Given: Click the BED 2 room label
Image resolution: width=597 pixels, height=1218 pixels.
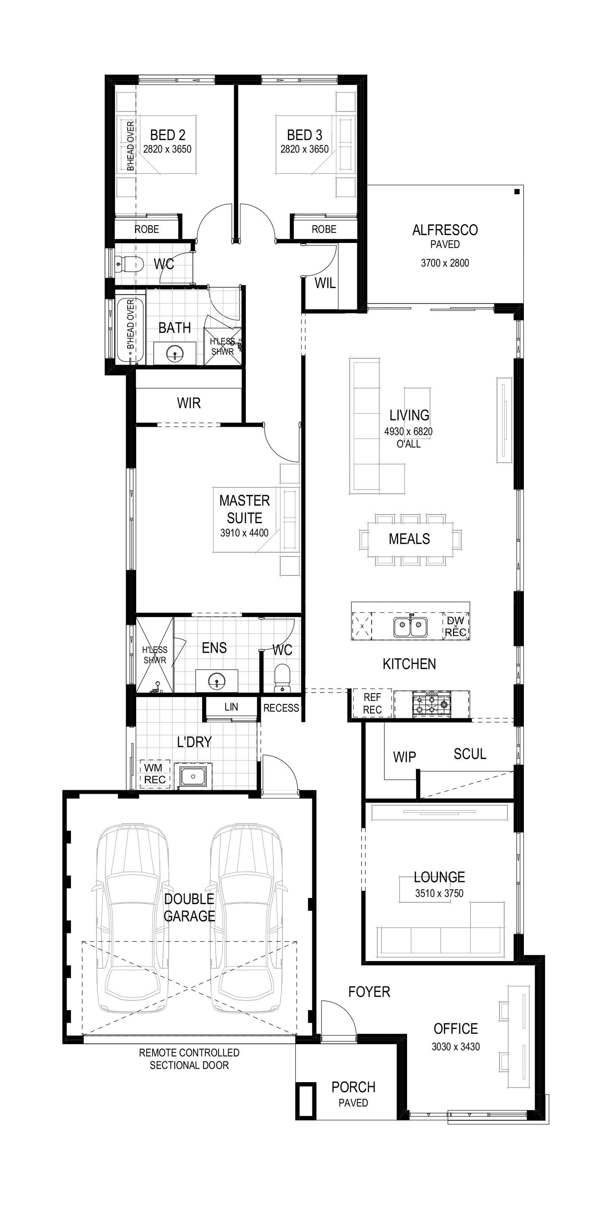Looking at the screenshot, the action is tap(167, 135).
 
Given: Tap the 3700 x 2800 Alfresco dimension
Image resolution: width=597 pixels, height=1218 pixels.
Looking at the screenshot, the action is tap(445, 263).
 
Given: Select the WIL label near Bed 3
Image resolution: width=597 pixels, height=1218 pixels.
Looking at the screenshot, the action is tap(325, 283).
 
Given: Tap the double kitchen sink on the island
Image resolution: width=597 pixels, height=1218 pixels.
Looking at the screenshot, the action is tap(410, 627).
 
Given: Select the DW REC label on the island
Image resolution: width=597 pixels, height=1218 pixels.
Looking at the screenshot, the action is tap(456, 626).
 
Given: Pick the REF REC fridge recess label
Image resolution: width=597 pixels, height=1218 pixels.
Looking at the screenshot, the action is tap(372, 703).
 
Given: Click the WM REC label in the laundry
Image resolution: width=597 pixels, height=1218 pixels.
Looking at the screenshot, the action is tap(154, 774).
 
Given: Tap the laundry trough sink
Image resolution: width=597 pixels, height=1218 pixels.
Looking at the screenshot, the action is tap(193, 776).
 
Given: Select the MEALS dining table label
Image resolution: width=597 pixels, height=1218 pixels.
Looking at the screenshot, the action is tap(409, 538).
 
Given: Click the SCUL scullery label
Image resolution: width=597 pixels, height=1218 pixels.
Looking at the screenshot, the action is tap(470, 754).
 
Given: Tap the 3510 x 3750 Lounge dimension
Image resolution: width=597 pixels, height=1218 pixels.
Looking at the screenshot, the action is tap(439, 893).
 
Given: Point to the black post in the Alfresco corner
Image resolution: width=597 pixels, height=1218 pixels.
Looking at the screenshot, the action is tap(517, 191).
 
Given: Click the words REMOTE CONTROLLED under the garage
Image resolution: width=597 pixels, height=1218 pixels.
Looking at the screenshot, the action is tap(189, 1053).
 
